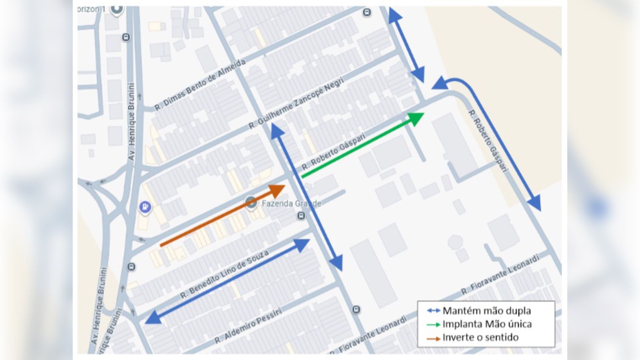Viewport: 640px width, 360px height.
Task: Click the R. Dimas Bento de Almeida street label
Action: click(x=200, y=85)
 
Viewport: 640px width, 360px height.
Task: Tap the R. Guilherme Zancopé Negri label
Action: click(x=296, y=103)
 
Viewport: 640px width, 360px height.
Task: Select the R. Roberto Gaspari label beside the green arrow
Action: click(x=333, y=151)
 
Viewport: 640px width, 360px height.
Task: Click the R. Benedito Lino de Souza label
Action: click(x=224, y=275)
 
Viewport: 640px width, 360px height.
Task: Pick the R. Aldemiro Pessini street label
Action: click(x=248, y=326)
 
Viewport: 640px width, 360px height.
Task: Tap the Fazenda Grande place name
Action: click(x=291, y=204)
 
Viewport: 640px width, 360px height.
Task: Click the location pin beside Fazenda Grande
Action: click(x=251, y=202)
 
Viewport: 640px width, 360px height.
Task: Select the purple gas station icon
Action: click(x=145, y=207)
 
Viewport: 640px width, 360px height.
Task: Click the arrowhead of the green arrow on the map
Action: click(x=416, y=118)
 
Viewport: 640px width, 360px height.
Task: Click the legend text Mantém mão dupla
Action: click(x=486, y=311)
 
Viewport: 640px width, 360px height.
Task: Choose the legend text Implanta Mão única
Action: click(x=487, y=324)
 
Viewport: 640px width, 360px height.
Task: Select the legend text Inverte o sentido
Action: click(x=480, y=337)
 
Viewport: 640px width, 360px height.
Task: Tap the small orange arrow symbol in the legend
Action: click(x=433, y=338)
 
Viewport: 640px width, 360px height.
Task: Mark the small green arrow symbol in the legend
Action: click(x=433, y=324)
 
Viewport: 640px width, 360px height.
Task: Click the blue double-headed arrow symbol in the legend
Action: click(x=433, y=311)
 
